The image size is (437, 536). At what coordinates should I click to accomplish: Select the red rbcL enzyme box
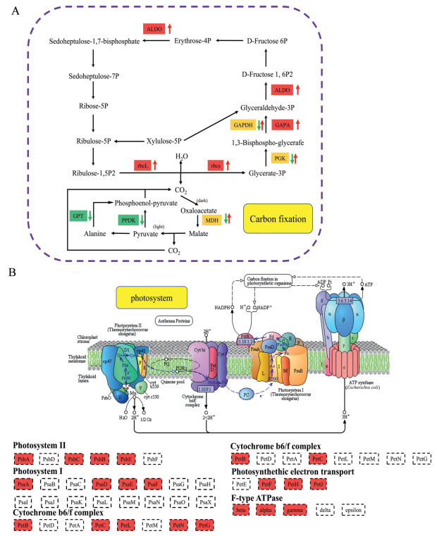(144, 165)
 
